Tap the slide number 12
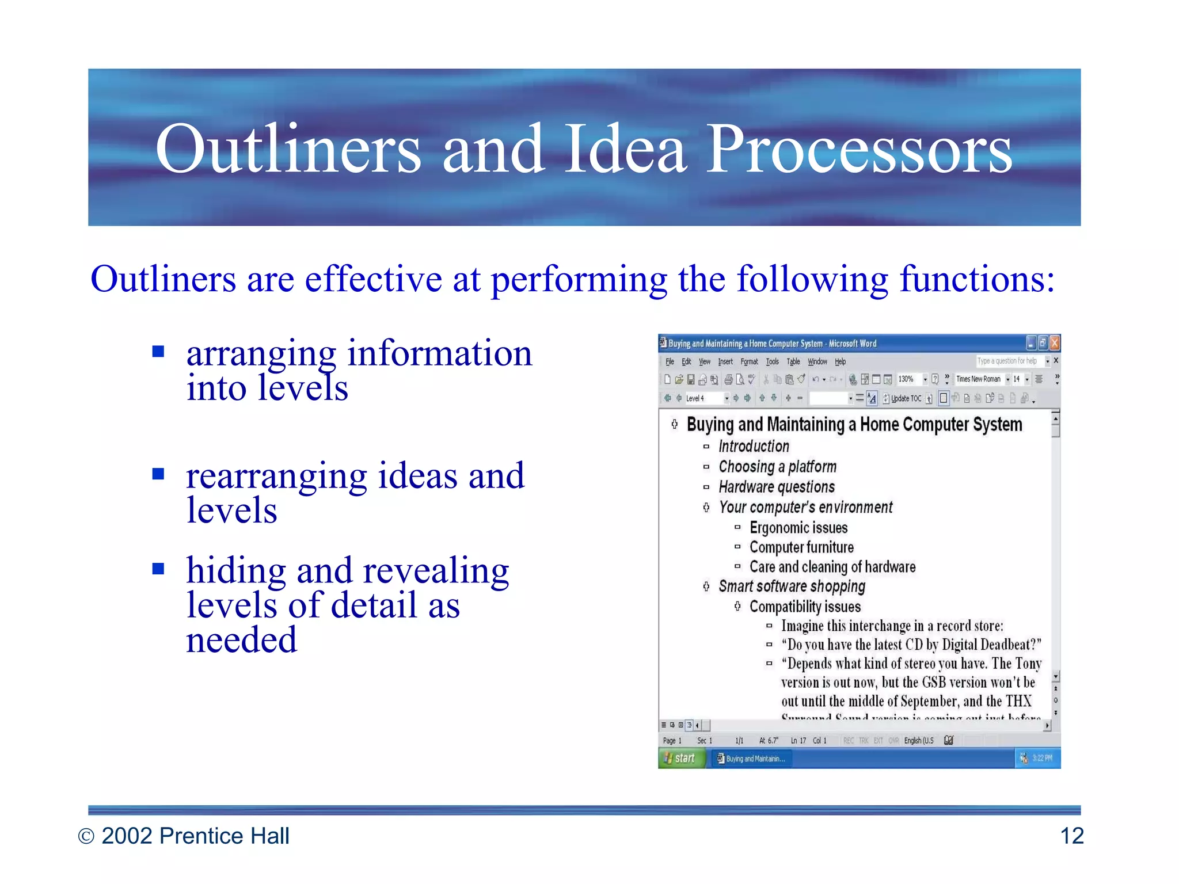(1071, 836)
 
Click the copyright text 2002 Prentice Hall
(195, 836)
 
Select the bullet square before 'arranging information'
(158, 351)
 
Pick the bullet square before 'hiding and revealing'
(158, 569)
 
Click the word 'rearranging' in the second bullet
(276, 477)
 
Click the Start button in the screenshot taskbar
(680, 758)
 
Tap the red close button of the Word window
(1055, 344)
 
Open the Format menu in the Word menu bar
(749, 361)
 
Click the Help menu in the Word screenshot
(840, 361)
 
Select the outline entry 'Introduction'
(754, 446)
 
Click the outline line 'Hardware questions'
(776, 487)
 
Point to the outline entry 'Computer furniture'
(801, 547)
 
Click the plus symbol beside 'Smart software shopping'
(706, 586)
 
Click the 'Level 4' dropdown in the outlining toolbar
(705, 398)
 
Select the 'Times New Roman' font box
(978, 379)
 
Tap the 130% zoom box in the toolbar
(907, 379)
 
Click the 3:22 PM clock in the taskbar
(1042, 758)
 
